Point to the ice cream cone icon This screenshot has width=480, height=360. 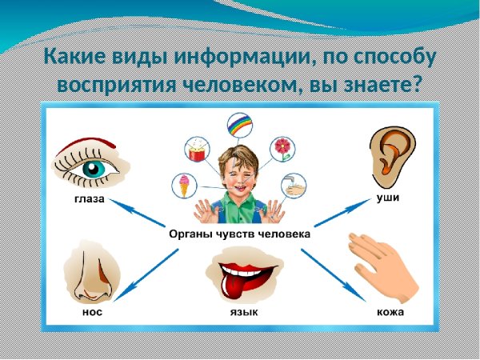coord(184,186)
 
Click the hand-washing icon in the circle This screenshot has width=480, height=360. coord(294,186)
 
